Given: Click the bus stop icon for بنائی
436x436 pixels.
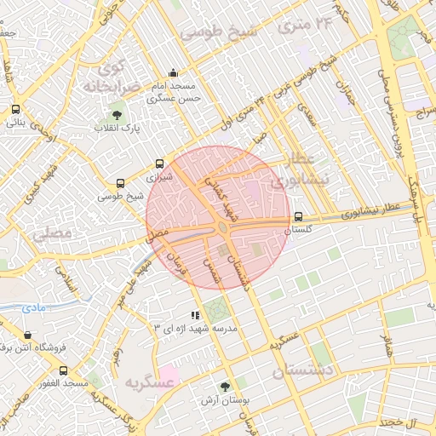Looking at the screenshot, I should click(16, 109).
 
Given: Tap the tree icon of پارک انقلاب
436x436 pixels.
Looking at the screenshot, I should click(117, 114).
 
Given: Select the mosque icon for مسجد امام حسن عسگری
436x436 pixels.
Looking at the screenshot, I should click(174, 73).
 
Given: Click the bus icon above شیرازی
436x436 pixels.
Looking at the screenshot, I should click(159, 164).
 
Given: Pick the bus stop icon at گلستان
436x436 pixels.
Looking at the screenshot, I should click(297, 216).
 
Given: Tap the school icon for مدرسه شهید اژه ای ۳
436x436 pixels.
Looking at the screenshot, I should click(195, 314).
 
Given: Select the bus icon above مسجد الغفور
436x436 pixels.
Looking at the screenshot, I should click(64, 370).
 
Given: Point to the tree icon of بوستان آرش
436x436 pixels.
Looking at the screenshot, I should click(225, 386).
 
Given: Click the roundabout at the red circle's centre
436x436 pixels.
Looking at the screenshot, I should click(222, 227).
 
